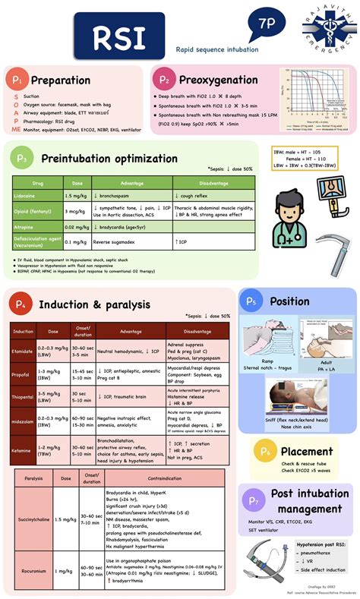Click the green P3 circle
coord(23,158)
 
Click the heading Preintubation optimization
coord(109,158)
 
